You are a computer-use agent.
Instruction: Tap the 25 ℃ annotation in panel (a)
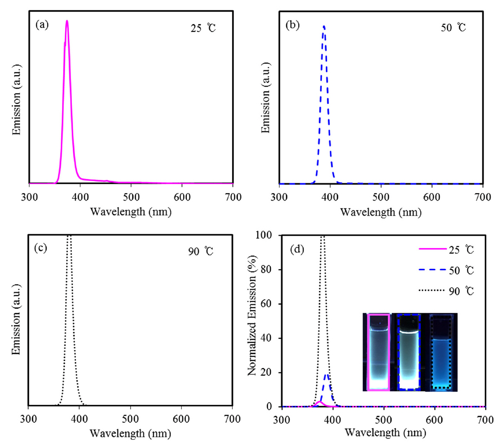coord(203,28)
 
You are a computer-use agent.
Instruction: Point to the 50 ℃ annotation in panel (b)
coord(453,28)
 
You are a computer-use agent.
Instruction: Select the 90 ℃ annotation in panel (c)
coord(200,251)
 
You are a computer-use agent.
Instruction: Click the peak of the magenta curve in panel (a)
coord(67,21)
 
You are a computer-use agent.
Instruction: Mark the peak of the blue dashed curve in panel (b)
coord(324,26)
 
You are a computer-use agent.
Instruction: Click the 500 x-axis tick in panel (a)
coord(131,197)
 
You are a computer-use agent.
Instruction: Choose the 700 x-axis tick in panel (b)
coord(483,197)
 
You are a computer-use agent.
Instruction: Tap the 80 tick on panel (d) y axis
coord(266,270)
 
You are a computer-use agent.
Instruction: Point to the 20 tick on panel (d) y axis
coord(266,372)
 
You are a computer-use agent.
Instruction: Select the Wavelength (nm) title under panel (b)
coord(380,212)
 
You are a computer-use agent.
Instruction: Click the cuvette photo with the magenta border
coord(378,352)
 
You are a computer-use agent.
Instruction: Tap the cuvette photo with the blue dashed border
coord(409,352)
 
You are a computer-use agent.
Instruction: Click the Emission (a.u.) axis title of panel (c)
coord(16,320)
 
